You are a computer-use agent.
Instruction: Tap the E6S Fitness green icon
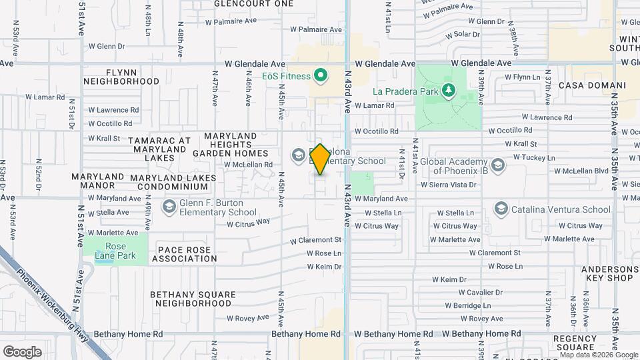pos(320,75)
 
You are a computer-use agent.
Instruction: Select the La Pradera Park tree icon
pos(450,90)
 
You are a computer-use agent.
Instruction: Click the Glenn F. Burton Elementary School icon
pos(168,206)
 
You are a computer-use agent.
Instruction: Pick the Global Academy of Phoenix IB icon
pos(497,165)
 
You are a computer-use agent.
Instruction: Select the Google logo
pos(22,351)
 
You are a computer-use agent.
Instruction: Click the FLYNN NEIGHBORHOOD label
pos(121,76)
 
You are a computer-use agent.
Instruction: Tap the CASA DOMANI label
pos(592,86)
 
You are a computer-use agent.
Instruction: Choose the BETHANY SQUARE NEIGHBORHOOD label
pos(193,299)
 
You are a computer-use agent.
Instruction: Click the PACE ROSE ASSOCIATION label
pos(184,254)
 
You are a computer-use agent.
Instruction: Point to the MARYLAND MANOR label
pos(98,181)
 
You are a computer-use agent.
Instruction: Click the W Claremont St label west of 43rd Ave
pos(316,240)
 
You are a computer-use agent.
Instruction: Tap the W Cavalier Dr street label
pos(485,293)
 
